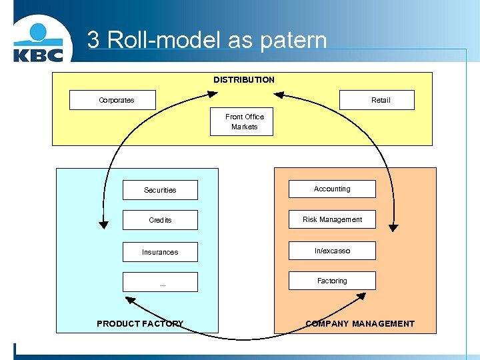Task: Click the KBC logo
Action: [x=38, y=43]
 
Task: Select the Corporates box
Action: [x=113, y=100]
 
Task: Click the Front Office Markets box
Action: [x=242, y=121]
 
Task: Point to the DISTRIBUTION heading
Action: [x=243, y=80]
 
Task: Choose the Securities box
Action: [x=160, y=190]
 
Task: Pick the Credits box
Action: [x=160, y=220]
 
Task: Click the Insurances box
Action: [x=160, y=252]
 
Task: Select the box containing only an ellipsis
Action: [x=160, y=282]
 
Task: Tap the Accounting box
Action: [x=332, y=189]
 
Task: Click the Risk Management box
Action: [x=332, y=219]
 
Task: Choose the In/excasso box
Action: [x=332, y=251]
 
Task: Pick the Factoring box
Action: [x=332, y=281]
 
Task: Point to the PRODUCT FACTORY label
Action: [x=140, y=323]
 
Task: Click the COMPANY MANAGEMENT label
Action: [x=360, y=323]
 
